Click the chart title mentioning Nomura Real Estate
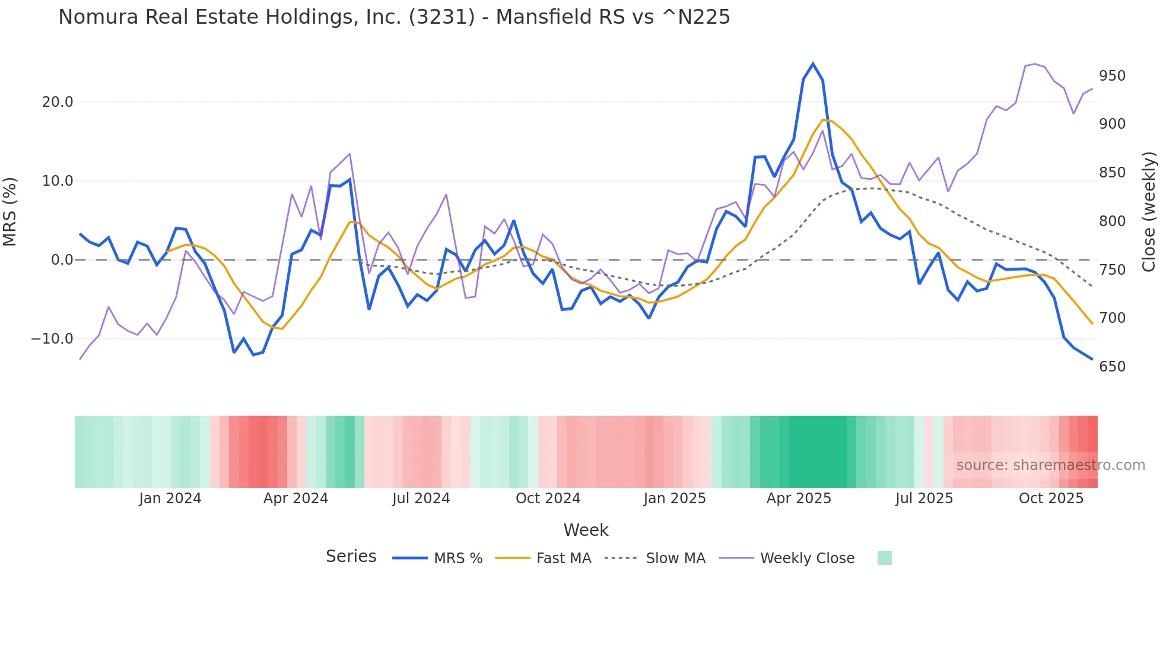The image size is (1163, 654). (394, 17)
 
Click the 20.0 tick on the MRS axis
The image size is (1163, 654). (58, 102)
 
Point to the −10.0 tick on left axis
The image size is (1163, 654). (52, 339)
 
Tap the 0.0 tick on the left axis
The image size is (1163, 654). (62, 260)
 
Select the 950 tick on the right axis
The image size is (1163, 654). (1112, 76)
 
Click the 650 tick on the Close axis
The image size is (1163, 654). (1112, 367)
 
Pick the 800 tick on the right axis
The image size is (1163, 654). (1112, 221)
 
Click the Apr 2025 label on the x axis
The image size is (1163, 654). (799, 499)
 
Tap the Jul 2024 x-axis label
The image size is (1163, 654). (421, 499)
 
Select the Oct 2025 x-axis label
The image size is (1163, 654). (1051, 499)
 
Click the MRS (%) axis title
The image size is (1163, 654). (10, 211)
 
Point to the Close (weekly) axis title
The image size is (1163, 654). (1149, 211)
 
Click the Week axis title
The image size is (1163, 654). (586, 530)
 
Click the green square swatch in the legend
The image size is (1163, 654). (884, 558)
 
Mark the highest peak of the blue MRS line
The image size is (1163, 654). (813, 64)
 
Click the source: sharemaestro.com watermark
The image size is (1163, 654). (1050, 465)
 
